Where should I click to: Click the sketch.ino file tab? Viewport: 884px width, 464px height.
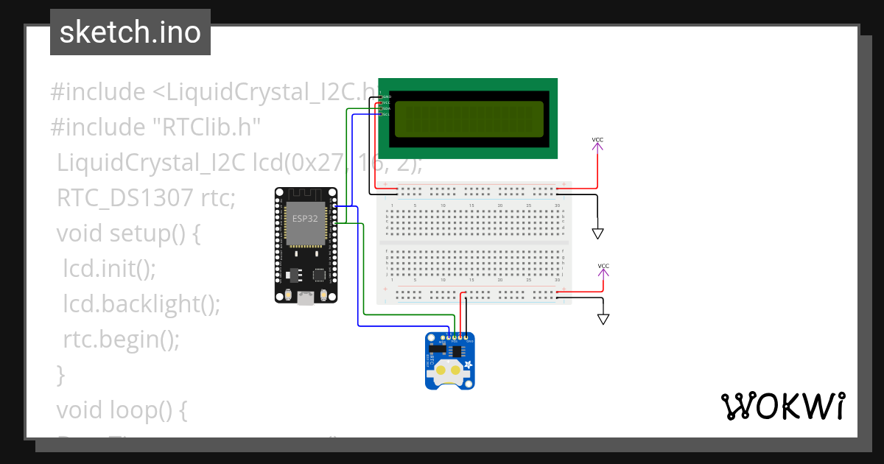pos(130,32)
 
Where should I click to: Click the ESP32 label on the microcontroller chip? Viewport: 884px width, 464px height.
pos(306,219)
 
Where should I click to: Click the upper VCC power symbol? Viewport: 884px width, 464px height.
pos(597,145)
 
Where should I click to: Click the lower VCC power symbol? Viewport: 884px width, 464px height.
pos(603,272)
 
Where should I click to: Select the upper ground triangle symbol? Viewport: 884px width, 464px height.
pos(597,233)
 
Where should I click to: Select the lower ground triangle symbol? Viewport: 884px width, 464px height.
pos(603,319)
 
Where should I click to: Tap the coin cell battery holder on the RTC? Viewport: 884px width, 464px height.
pos(451,372)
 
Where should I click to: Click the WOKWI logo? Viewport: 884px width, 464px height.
pos(782,407)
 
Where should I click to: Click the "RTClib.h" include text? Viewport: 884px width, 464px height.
pos(206,127)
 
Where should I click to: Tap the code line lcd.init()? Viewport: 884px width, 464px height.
pos(110,268)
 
